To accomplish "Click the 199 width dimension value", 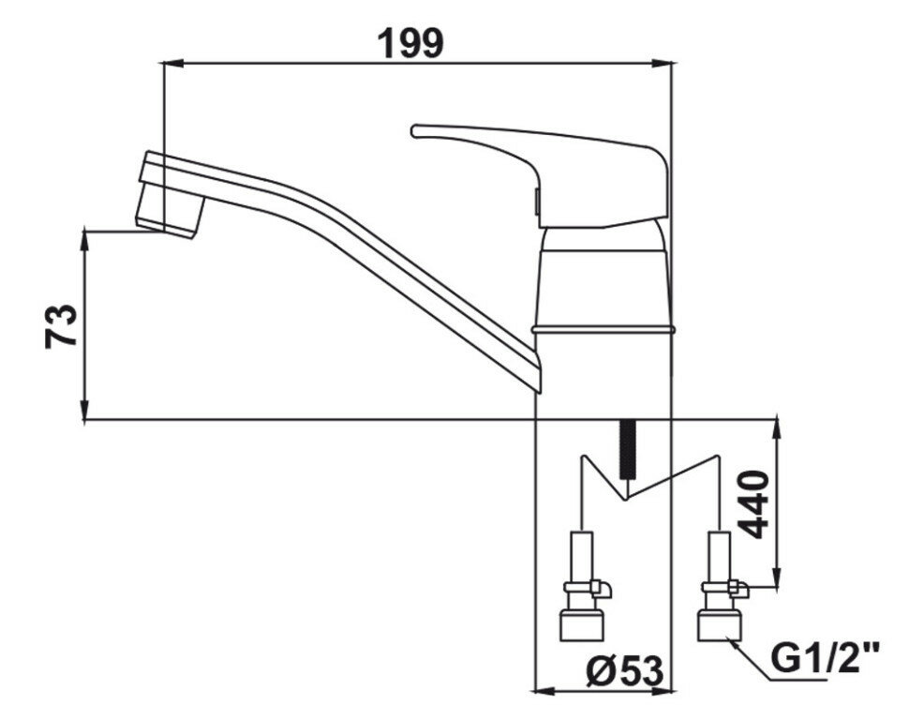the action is point(410,42).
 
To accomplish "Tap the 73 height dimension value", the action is point(62,325).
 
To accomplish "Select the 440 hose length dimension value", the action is point(756,503).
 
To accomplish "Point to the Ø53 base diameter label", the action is point(625,669).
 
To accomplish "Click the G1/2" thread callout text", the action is point(826,657).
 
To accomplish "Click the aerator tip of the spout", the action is point(171,212).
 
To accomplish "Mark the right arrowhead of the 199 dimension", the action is point(666,63).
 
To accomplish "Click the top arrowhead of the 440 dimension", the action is point(777,427).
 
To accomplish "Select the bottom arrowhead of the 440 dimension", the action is point(777,580).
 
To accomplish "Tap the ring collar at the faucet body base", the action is point(604,329).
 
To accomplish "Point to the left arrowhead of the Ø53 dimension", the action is point(541,692).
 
